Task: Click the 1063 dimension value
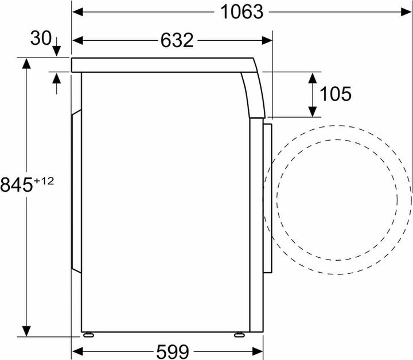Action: click(x=241, y=12)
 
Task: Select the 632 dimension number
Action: click(x=177, y=40)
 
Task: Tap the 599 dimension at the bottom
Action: click(x=173, y=351)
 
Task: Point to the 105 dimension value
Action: click(x=336, y=94)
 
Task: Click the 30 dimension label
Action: click(x=41, y=38)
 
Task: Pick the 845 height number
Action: click(x=16, y=185)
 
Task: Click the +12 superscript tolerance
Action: click(x=44, y=181)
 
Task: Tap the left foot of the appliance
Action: click(x=88, y=335)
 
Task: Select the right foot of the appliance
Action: click(x=239, y=335)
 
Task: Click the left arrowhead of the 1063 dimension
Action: click(x=77, y=12)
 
